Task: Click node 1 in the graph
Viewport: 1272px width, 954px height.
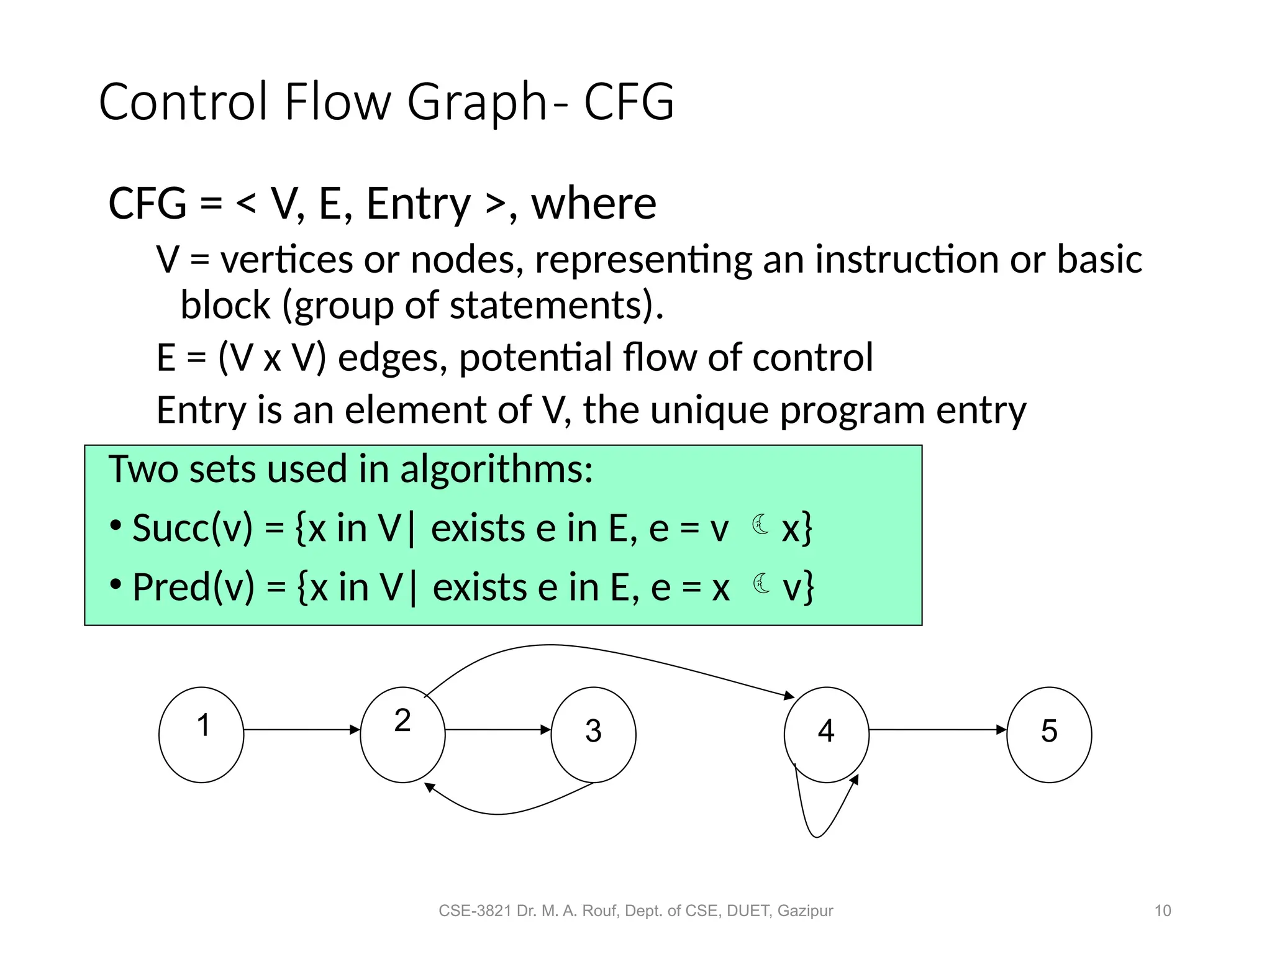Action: pyautogui.click(x=201, y=734)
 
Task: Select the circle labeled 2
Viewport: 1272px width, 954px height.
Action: pyautogui.click(x=402, y=734)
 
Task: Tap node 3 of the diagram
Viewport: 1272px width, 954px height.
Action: pyautogui.click(x=593, y=734)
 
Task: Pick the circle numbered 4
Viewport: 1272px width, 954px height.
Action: pyautogui.click(x=826, y=734)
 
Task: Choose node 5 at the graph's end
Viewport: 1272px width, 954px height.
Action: pyautogui.click(x=1048, y=734)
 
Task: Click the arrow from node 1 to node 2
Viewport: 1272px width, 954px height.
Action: pyautogui.click(x=302, y=730)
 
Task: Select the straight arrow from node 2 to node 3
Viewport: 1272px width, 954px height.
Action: pyautogui.click(x=497, y=730)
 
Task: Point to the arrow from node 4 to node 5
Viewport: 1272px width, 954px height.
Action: pyautogui.click(x=937, y=730)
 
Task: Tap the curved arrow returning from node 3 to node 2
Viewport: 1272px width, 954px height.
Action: pyautogui.click(x=503, y=813)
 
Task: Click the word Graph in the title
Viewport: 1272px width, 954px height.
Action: pyautogui.click(x=477, y=102)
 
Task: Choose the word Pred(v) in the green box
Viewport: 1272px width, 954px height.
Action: pyautogui.click(x=194, y=587)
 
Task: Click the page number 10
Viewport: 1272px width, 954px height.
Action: pyautogui.click(x=1162, y=911)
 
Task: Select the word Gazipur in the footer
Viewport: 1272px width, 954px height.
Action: pyautogui.click(x=805, y=911)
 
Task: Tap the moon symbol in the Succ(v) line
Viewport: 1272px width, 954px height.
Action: pyautogui.click(x=760, y=525)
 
